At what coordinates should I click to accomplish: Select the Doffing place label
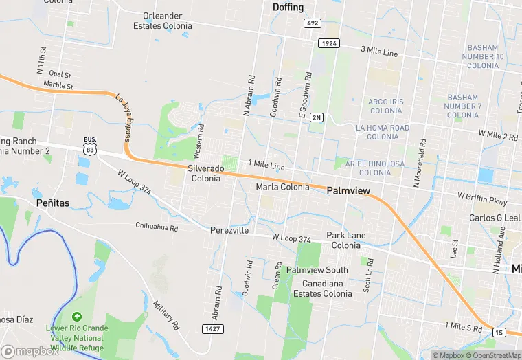pos(288,7)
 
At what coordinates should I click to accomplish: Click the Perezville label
pos(229,231)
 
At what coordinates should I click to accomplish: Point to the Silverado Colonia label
pos(207,173)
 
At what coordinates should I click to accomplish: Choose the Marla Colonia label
pos(282,187)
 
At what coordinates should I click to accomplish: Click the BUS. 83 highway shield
pos(90,145)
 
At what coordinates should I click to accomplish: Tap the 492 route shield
pos(312,23)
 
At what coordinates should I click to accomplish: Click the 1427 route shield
pos(212,330)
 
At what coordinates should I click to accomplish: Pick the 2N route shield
pos(316,117)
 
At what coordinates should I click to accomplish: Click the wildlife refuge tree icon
pos(76,317)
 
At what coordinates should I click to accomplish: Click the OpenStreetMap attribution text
pos(495,355)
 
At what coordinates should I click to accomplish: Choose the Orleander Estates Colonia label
pos(168,21)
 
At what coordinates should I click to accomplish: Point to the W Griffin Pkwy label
pos(488,201)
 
